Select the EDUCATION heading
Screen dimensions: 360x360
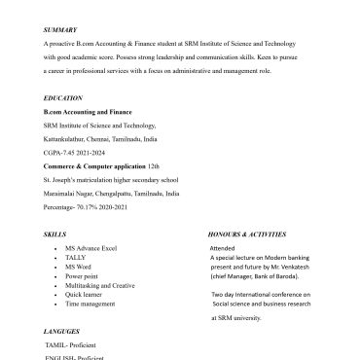coord(62,99)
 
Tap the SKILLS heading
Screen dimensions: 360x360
coord(54,235)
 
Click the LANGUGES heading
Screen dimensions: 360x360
coord(63,332)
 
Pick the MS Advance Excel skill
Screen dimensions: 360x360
coord(90,249)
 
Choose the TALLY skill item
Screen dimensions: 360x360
coord(77,258)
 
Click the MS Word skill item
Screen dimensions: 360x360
coord(79,267)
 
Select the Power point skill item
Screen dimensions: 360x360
coord(83,276)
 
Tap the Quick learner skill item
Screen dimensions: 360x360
coord(87,294)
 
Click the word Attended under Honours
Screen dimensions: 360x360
coord(223,249)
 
